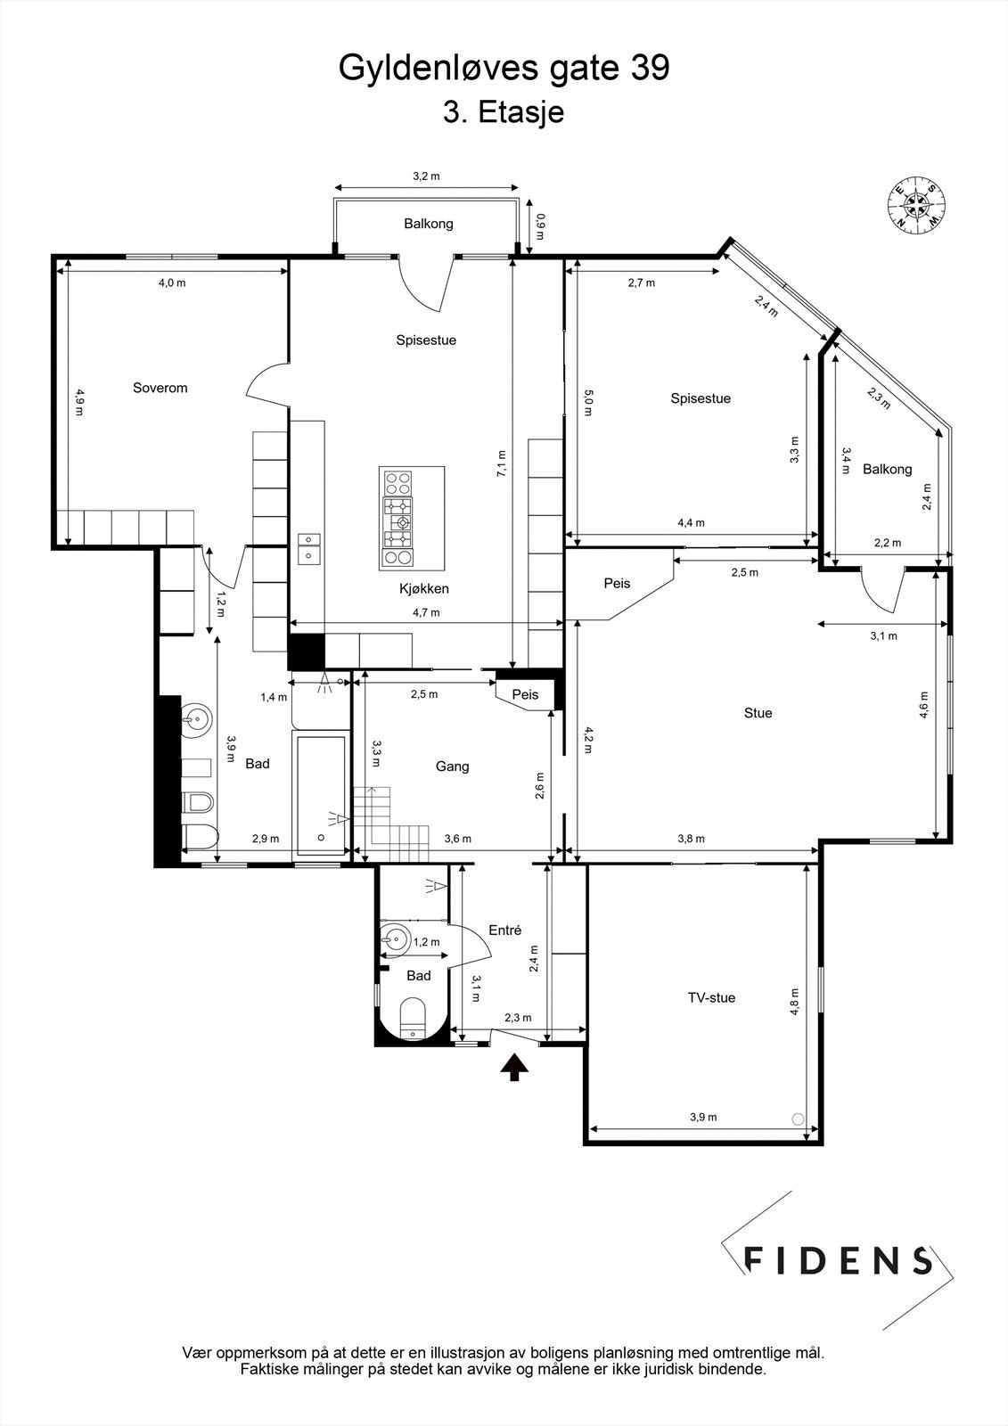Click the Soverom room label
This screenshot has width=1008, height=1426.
tap(160, 388)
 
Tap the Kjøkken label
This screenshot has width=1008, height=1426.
tap(423, 588)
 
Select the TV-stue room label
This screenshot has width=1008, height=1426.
tap(710, 997)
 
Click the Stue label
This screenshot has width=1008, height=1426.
tap(758, 712)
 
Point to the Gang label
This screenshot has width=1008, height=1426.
tap(452, 766)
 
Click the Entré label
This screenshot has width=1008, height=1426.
tap(504, 930)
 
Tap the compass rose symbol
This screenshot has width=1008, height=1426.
tap(915, 204)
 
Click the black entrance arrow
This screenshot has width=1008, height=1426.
tap(513, 1066)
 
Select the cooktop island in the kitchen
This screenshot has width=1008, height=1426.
tap(411, 518)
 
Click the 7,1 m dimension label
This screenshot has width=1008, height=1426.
tap(502, 463)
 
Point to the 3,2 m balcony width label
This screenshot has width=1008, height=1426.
tap(426, 176)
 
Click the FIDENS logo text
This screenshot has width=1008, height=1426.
tap(838, 1260)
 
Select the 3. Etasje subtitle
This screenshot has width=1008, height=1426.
tap(504, 113)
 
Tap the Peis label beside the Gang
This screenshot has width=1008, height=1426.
tap(525, 694)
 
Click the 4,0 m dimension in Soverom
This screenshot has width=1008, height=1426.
tap(172, 283)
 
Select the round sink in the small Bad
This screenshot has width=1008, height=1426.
tap(395, 938)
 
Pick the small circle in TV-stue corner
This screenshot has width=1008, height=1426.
tap(798, 1119)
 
